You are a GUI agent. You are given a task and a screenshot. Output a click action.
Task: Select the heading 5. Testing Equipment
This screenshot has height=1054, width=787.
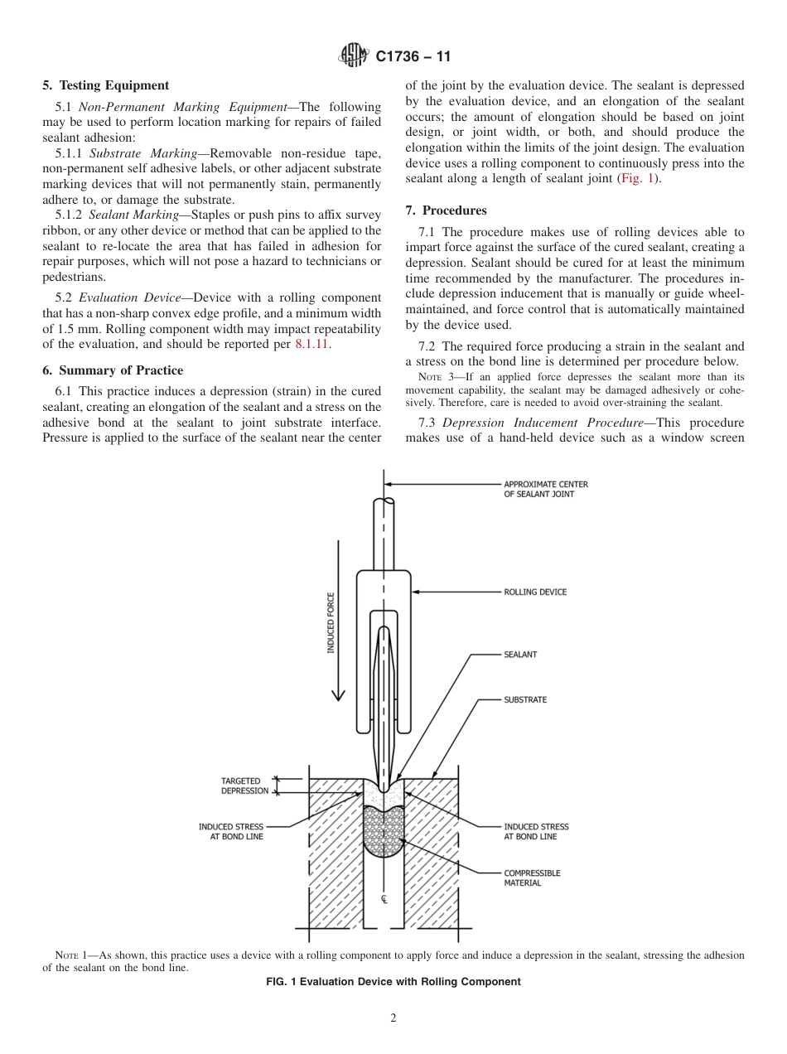(106, 85)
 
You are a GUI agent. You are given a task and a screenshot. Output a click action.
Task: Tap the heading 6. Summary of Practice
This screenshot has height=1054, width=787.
(113, 370)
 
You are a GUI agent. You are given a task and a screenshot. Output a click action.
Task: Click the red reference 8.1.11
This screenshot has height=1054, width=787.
(312, 344)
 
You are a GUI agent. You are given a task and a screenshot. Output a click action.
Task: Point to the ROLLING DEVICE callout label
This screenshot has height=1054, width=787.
(535, 592)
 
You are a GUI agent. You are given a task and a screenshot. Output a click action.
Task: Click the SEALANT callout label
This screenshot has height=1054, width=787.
(520, 655)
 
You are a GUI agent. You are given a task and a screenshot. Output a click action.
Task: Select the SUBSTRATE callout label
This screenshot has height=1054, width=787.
(525, 700)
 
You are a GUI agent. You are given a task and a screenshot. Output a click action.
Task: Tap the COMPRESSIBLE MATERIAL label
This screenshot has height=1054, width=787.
(532, 878)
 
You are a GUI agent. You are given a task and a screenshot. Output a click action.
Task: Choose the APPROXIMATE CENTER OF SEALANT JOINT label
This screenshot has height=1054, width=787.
(546, 489)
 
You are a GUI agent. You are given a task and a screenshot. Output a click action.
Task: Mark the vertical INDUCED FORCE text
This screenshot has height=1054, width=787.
(331, 623)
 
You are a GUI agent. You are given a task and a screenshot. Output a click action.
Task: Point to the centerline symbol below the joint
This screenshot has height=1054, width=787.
(384, 899)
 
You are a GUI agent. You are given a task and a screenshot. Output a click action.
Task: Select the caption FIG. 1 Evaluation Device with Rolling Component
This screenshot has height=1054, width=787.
(393, 982)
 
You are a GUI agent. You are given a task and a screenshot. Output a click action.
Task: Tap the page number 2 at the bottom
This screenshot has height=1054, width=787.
(393, 1018)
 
